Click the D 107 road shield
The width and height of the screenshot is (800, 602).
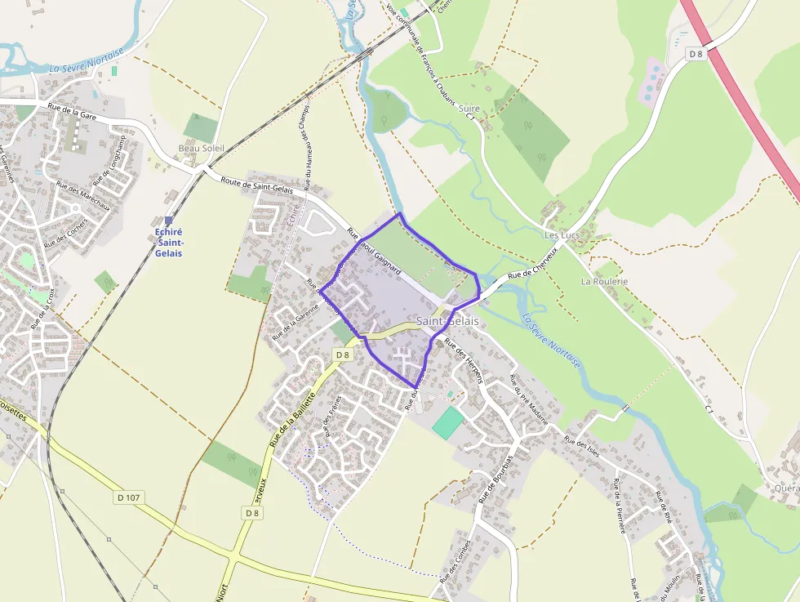128,497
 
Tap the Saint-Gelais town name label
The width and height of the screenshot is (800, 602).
447,321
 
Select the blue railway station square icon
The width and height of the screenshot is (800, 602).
168,221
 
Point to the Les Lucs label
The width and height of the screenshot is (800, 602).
562,235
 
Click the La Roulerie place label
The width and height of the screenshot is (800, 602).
604,281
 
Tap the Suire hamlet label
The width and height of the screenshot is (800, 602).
469,108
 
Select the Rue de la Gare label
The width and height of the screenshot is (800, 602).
71,111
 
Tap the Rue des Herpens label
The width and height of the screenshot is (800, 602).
464,361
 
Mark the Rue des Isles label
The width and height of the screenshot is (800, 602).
582,447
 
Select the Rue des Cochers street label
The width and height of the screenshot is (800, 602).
66,231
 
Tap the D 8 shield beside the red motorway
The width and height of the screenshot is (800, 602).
696,54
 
